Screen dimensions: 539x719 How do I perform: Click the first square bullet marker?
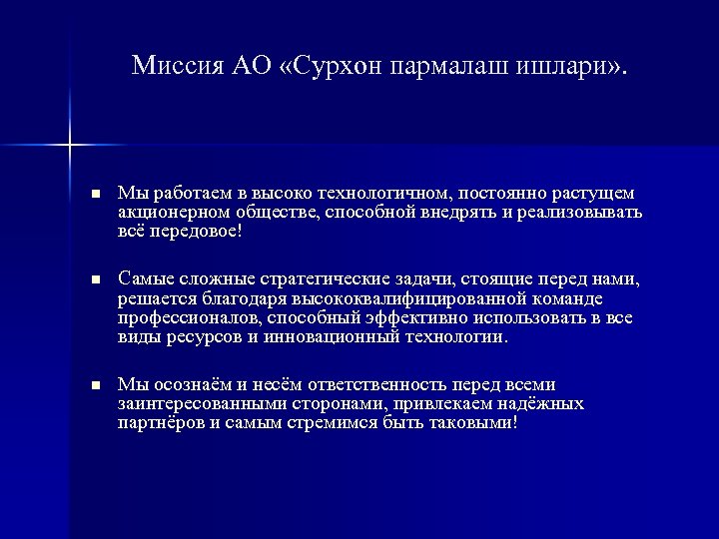95,193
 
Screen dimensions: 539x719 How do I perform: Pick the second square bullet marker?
95,276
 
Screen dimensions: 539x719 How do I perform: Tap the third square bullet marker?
95,385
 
